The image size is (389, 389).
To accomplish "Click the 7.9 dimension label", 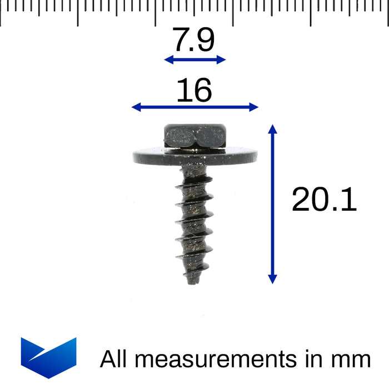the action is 193,39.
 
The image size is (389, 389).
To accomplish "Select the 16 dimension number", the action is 194,90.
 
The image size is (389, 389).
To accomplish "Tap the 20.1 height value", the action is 324,199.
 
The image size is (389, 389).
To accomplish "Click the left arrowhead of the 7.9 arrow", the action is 169,59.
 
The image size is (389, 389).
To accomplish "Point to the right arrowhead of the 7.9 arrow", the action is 221,59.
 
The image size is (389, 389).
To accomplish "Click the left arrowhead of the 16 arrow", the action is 136,107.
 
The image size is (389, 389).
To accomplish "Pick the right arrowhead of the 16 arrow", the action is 254,107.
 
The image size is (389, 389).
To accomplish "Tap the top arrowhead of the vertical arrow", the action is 272,129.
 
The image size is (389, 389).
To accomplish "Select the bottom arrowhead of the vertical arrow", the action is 272,280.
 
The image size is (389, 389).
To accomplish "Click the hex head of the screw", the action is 195,136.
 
